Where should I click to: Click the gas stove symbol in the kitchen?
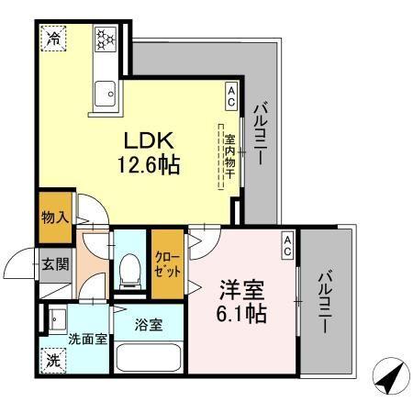(104, 39)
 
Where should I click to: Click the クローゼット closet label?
(167, 267)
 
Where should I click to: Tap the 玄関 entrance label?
(54, 264)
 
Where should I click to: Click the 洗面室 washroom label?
(87, 338)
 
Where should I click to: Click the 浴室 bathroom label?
(148, 323)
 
